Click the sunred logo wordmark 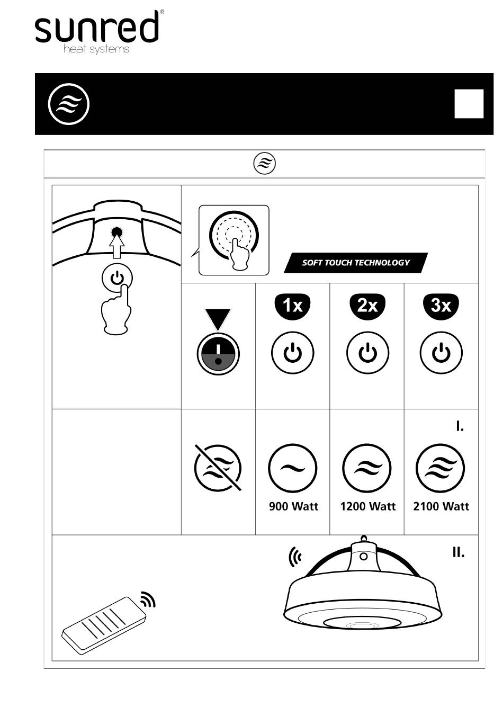[96, 26]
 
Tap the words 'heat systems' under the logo [96, 49]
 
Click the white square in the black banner [469, 104]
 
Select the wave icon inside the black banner [69, 104]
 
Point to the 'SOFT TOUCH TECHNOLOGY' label [356, 263]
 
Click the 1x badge [292, 306]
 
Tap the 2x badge [367, 306]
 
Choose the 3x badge [441, 306]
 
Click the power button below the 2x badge [367, 353]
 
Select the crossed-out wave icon [218, 468]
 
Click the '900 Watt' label [293, 506]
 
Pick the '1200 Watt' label [367, 506]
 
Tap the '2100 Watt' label [441, 506]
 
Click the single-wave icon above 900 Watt [292, 468]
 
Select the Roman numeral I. [460, 427]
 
